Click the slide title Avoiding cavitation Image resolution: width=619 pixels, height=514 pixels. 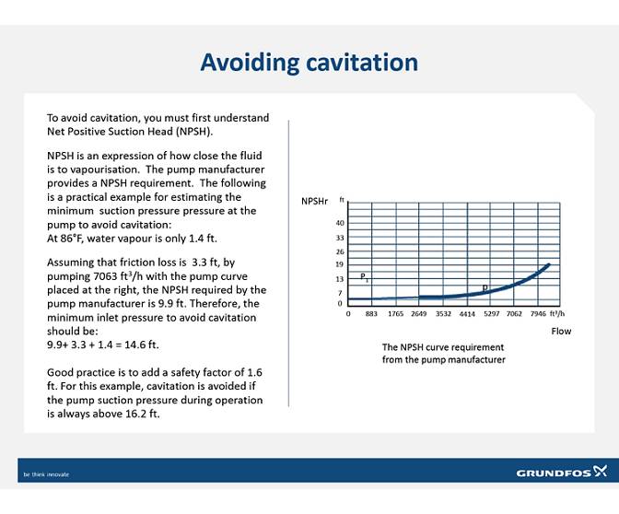click(309, 63)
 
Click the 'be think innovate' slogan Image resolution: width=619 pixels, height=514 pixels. click(46, 474)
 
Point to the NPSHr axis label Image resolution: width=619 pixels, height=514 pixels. click(314, 201)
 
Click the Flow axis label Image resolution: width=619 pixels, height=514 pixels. click(561, 330)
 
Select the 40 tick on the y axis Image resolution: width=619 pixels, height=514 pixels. click(340, 224)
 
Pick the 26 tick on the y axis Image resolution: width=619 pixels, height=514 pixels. click(340, 251)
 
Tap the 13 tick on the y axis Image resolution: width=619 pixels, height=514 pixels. click(340, 278)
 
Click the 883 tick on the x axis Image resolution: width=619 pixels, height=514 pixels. click(371, 314)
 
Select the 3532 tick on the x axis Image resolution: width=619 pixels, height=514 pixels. click(443, 314)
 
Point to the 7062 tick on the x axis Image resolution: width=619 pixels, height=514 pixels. click(514, 314)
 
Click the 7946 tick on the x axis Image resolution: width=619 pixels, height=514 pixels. click(538, 314)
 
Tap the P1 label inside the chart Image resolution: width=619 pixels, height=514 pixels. click(364, 276)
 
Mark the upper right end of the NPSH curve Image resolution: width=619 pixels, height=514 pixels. click(549, 265)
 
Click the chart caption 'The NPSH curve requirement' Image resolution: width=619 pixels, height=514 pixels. click(443, 347)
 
